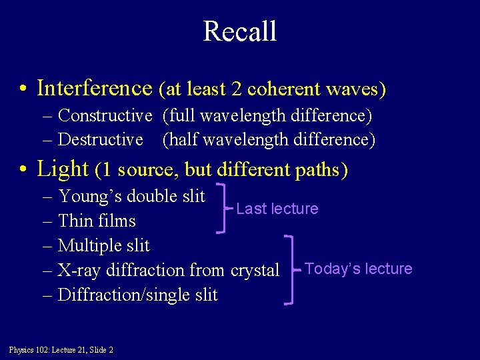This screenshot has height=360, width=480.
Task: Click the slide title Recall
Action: coord(239,31)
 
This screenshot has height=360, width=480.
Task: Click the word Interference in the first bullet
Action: coord(95,88)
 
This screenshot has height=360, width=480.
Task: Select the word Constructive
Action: coord(105,115)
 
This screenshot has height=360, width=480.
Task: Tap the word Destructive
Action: coord(101,139)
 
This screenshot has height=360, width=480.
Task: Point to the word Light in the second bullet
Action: coord(63,169)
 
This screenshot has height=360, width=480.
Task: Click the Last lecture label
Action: coord(277,209)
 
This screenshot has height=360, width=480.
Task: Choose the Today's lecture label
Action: coord(358,269)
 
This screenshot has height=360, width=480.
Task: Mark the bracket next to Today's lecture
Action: coord(291,269)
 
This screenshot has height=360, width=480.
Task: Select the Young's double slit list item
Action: coord(131,196)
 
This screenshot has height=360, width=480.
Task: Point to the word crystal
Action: coord(255,270)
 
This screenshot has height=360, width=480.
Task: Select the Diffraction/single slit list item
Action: coord(137,295)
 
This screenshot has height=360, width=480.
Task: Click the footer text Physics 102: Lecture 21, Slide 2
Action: coord(61,350)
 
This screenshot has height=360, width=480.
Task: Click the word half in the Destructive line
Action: coord(181,139)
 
